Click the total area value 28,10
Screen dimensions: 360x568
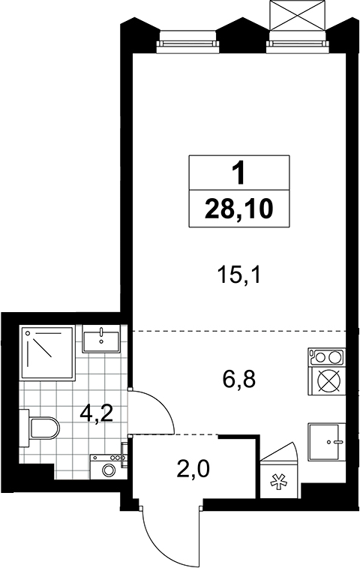[x=238, y=209]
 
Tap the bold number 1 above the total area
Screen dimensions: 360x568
[x=238, y=173]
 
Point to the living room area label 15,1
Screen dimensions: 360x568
[x=238, y=275]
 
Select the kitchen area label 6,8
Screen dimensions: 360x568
[x=239, y=379]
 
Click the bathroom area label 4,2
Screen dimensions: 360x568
[x=97, y=413]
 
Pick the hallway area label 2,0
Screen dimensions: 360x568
[x=193, y=470]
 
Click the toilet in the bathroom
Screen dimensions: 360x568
[x=39, y=428]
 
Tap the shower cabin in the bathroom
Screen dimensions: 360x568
[x=47, y=353]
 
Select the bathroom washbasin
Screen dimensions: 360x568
[x=101, y=338]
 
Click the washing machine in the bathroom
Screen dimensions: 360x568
[x=108, y=467]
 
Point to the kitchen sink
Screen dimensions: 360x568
[x=326, y=441]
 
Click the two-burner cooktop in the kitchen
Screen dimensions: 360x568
[x=327, y=357]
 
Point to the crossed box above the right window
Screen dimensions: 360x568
[x=297, y=14]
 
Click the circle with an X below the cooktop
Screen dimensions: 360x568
[x=329, y=380]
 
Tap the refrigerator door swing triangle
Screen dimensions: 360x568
[x=279, y=451]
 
